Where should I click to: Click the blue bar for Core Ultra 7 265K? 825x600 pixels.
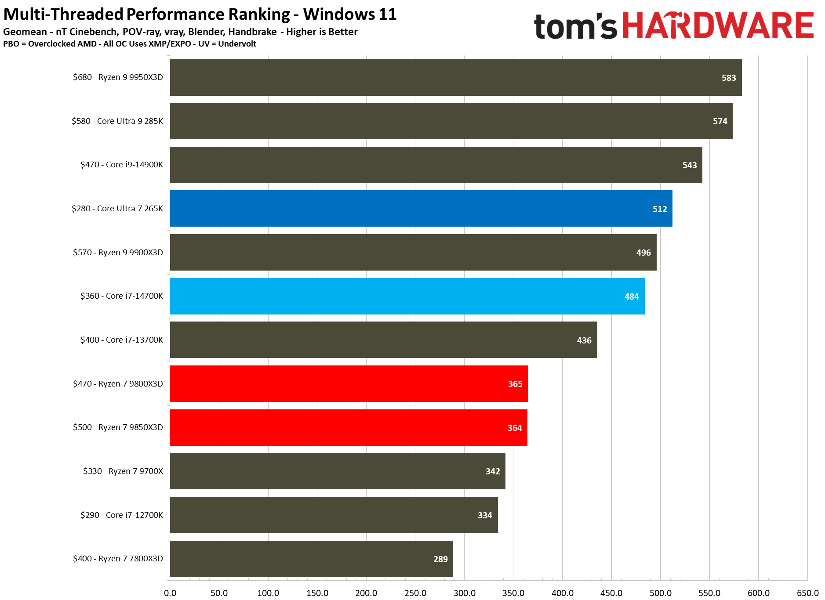[421, 209]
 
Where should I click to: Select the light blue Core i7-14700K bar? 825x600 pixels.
[407, 296]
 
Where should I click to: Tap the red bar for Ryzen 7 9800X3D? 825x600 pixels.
[349, 383]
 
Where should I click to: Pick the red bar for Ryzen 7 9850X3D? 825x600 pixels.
[348, 427]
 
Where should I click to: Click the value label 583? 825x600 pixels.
[728, 78]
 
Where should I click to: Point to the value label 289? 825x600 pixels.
[440, 559]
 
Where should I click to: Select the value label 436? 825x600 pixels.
[584, 340]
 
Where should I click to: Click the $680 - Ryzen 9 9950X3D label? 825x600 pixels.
[118, 77]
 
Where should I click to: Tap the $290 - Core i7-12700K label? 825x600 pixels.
[121, 515]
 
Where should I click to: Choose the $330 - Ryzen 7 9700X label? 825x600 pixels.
[123, 471]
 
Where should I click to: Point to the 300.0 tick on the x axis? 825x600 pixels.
[464, 593]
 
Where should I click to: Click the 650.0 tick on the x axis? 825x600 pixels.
[807, 593]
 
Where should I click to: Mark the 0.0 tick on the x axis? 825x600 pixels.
[170, 593]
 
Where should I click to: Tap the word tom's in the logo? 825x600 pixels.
[576, 26]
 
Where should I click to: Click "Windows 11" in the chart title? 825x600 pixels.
[350, 14]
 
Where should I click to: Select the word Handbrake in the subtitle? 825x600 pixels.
[252, 32]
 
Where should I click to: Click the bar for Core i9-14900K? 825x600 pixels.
[436, 165]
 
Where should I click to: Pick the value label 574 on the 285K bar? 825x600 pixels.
[720, 121]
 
